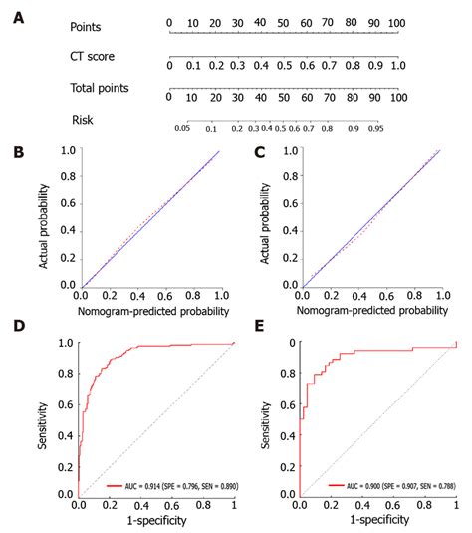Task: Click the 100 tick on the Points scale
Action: point(397,21)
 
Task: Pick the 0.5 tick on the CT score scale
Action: point(284,65)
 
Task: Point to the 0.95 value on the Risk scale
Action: point(378,129)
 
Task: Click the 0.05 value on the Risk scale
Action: point(181,129)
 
